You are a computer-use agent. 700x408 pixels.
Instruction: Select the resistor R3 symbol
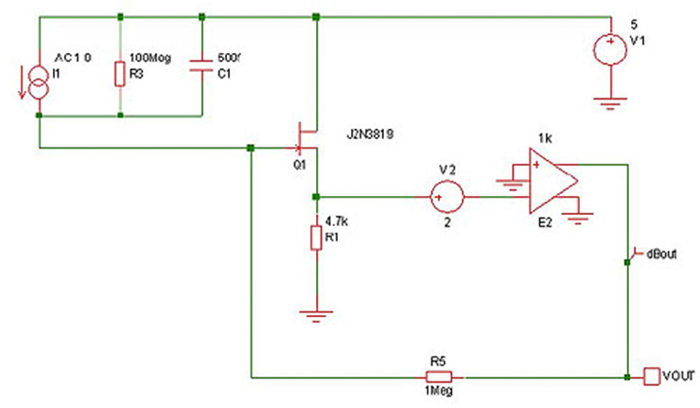pyautogui.click(x=120, y=73)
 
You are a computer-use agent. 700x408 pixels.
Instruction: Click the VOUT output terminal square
pyautogui.click(x=651, y=376)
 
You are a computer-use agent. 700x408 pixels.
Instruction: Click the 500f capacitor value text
pyautogui.click(x=220, y=57)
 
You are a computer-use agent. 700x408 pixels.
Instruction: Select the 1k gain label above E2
pyautogui.click(x=546, y=138)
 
